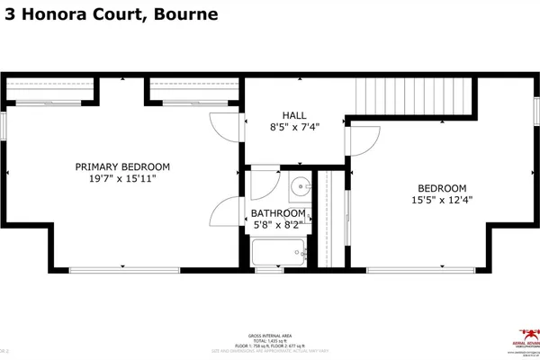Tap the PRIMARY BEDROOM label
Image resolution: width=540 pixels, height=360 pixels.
pyautogui.click(x=122, y=166)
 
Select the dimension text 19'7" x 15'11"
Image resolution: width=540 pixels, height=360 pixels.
pyautogui.click(x=122, y=180)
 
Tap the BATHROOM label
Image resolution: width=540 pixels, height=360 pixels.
pyautogui.click(x=279, y=214)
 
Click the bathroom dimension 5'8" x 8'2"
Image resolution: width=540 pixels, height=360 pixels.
pyautogui.click(x=279, y=227)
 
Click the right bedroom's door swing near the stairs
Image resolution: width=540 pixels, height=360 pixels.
pyautogui.click(x=362, y=139)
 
